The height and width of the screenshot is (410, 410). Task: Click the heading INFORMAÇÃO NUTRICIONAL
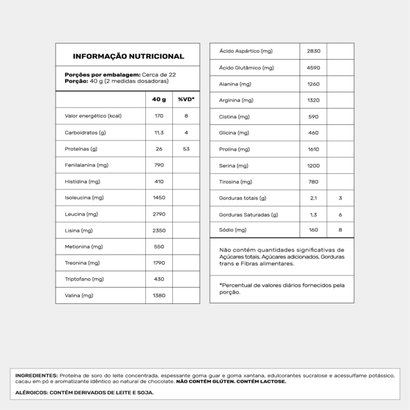coord(128,56)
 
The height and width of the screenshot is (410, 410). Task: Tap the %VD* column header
coord(186,100)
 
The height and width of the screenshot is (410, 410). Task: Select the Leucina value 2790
coord(159,214)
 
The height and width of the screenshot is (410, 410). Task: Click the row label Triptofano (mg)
coord(84,279)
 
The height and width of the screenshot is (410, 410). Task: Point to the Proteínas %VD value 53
coord(186,149)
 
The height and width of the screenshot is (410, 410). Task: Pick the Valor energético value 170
coord(159,116)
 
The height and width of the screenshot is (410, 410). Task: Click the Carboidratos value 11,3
coord(159,132)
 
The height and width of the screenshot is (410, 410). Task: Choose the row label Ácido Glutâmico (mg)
coord(247,68)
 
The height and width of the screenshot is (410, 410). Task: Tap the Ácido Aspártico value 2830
coord(313,52)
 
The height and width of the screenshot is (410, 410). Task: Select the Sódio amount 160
coord(313,230)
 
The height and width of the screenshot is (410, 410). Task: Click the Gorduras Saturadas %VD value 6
coord(340,214)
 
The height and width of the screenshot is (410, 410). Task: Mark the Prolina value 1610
coord(313,149)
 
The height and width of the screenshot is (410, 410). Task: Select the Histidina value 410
coord(159,182)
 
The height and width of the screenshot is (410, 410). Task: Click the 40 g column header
coord(159,100)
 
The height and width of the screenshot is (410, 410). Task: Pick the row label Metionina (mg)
coord(84,247)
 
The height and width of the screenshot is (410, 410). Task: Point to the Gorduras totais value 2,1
coord(313,198)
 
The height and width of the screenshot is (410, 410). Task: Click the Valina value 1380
coord(159,295)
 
